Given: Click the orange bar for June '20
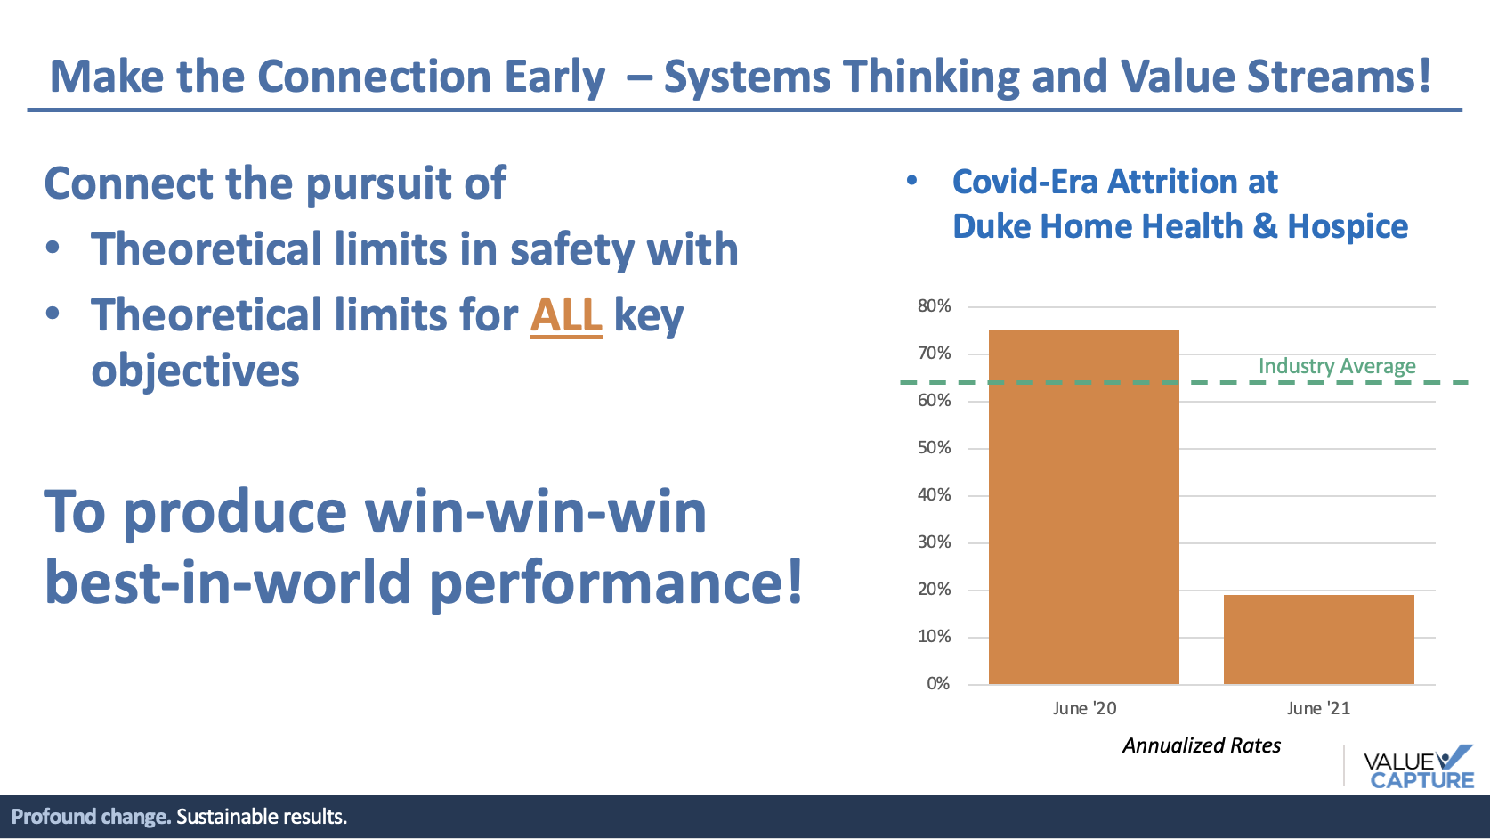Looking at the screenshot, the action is pyautogui.click(x=1083, y=507).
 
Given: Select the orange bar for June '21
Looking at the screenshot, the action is pyautogui.click(x=1318, y=639).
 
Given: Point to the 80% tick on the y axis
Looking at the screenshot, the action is pyautogui.click(x=934, y=306).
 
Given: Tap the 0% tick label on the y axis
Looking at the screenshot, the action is pyautogui.click(x=938, y=684).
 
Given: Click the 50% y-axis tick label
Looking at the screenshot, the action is pyautogui.click(x=934, y=448).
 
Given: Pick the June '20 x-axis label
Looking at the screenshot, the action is pyautogui.click(x=1084, y=709).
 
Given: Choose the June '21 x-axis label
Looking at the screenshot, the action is pyautogui.click(x=1318, y=709).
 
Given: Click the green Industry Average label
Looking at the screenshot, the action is pyautogui.click(x=1337, y=366).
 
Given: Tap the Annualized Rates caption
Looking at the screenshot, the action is pyautogui.click(x=1202, y=745).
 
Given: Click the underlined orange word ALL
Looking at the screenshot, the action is pyautogui.click(x=566, y=315).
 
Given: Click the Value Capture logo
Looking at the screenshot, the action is pyautogui.click(x=1418, y=767).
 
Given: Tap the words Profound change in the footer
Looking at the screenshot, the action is pyautogui.click(x=91, y=817).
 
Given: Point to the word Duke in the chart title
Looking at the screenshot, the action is pyautogui.click(x=992, y=227).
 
